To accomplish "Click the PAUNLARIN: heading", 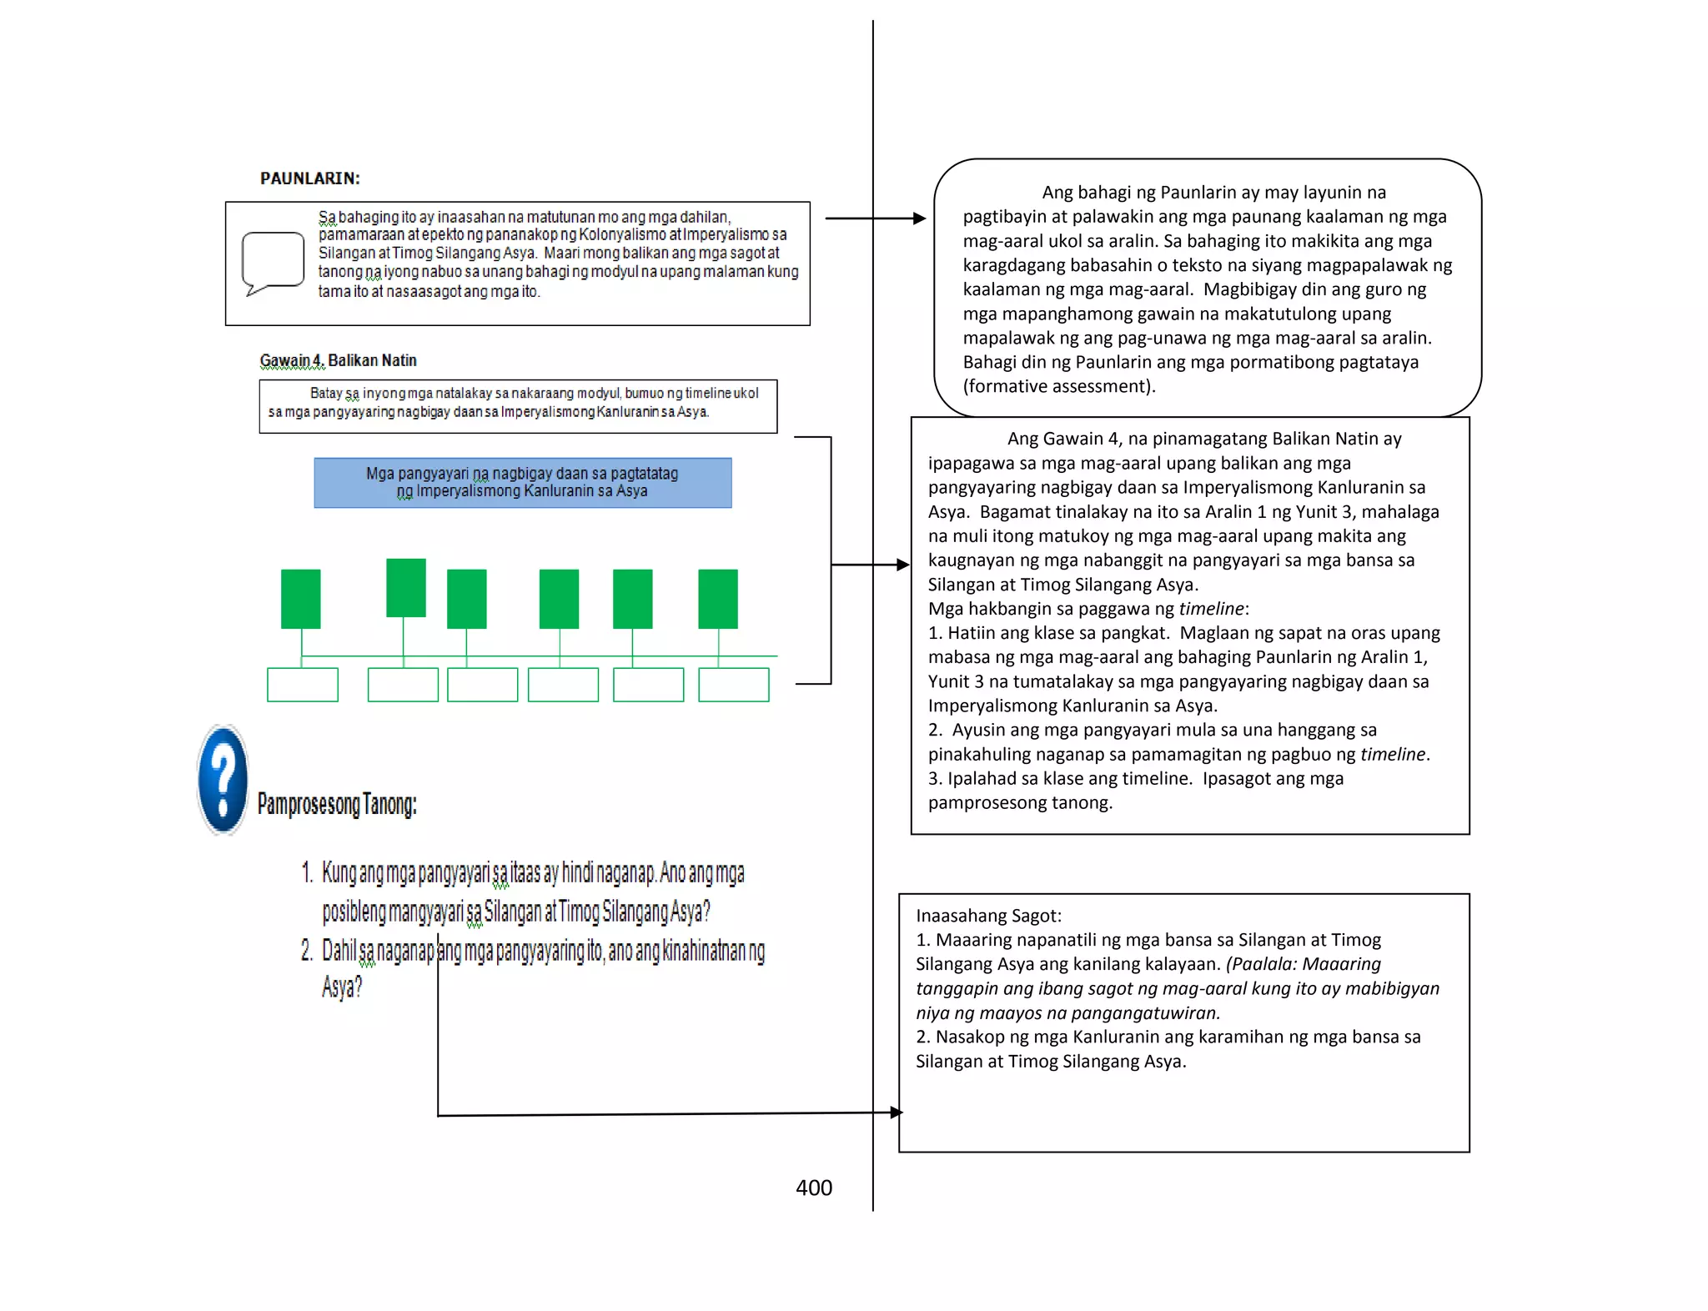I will (309, 178).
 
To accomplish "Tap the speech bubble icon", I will (272, 263).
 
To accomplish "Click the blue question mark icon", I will (223, 781).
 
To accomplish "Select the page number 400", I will (813, 1188).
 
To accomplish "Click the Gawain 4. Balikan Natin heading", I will (338, 360).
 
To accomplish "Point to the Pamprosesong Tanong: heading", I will (337, 804).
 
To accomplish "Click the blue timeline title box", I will (522, 483).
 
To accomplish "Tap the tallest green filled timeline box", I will (406, 588).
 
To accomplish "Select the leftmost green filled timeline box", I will (301, 599).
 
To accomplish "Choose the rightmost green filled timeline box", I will (718, 599).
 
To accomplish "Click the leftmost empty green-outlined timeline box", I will (303, 685).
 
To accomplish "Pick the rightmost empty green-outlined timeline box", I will (734, 685).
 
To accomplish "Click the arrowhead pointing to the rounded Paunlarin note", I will (919, 218).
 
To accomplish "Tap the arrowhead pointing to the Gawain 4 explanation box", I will (902, 565).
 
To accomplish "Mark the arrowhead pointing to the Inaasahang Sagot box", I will (897, 1113).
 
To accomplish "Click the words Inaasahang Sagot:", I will (988, 916).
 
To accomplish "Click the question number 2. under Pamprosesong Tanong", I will (306, 951).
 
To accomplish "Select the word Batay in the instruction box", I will (326, 393).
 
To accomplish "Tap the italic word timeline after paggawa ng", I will (1211, 609).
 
